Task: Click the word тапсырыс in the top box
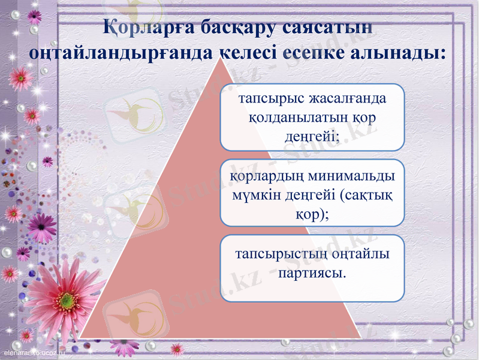pos(268,98)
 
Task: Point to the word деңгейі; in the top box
pos(312,136)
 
